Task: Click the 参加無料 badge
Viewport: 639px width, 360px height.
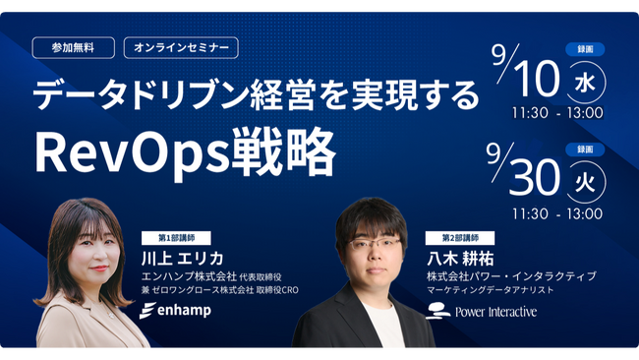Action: [73, 47]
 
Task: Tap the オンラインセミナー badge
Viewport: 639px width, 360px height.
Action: [181, 47]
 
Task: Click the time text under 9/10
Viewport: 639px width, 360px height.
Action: [556, 113]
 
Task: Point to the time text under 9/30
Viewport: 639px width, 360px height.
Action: [556, 213]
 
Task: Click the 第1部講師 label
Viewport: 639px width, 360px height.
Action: [176, 238]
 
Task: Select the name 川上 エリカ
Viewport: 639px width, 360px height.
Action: [182, 258]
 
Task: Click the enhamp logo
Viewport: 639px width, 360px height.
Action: [179, 311]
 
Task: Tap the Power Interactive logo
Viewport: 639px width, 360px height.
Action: [481, 312]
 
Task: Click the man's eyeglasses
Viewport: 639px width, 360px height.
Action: [376, 245]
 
